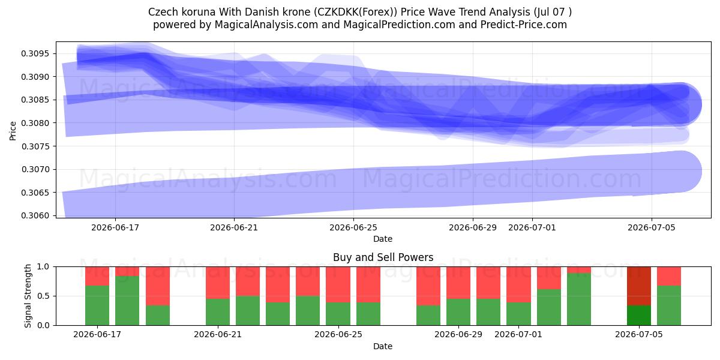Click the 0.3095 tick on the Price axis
tap(35, 53)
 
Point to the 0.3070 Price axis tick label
tap(35, 169)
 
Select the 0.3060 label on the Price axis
tap(35, 215)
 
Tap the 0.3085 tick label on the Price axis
tap(35, 100)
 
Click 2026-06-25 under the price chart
tap(353, 227)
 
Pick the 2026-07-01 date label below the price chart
tap(532, 227)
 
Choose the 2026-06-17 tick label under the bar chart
tap(97, 335)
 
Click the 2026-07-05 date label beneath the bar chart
tap(639, 335)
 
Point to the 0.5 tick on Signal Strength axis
tap(43, 296)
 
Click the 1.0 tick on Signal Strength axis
tap(43, 267)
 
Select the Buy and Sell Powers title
tap(383, 257)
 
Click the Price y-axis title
tap(13, 131)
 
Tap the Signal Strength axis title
tap(28, 296)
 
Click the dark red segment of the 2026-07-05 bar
tap(639, 286)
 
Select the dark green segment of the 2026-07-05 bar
tap(639, 316)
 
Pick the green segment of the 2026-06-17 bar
tap(97, 305)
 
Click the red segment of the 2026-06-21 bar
tap(218, 283)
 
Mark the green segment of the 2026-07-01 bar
tap(518, 314)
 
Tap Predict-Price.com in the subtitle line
tap(524, 25)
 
